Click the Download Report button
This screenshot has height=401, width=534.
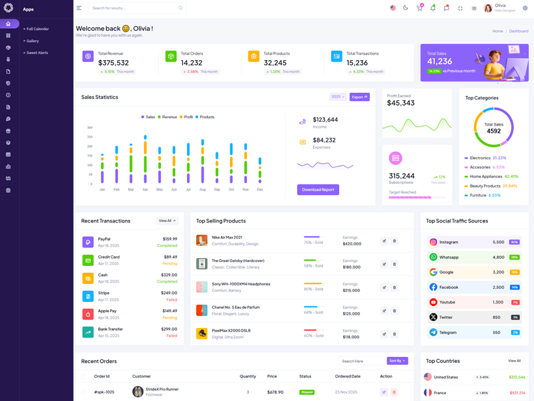[x=318, y=190]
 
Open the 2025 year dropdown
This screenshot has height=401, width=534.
[x=338, y=97]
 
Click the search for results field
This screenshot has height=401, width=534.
[x=136, y=8]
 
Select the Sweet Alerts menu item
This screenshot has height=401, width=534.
[x=37, y=53]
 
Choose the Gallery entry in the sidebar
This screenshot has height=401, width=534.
[x=33, y=41]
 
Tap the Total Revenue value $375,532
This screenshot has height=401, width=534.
[x=113, y=63]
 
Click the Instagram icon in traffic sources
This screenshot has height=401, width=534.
[x=433, y=242]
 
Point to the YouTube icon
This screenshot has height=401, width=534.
[x=433, y=302]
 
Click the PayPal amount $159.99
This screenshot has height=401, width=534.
[x=170, y=239]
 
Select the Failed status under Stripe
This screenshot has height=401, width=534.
[x=172, y=299]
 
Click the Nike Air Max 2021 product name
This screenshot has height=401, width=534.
[x=227, y=237]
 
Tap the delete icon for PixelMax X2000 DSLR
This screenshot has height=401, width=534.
[x=394, y=334]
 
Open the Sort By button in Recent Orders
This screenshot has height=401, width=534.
[x=397, y=361]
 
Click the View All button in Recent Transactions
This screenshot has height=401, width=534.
[x=167, y=221]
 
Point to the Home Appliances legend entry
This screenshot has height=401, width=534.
[x=485, y=176]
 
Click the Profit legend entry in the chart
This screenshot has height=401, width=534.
[x=186, y=117]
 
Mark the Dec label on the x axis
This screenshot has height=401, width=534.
[x=260, y=190]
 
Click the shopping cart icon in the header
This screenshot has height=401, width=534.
[x=419, y=8]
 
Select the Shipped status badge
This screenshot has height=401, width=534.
[x=306, y=392]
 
